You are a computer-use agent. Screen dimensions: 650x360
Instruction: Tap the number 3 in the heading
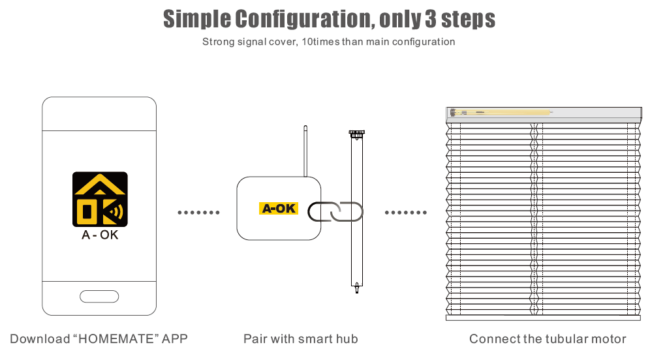pyautogui.click(x=431, y=19)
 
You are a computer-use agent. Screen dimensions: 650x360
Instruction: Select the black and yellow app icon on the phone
pyautogui.click(x=100, y=200)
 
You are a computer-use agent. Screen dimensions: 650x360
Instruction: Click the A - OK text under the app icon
pyautogui.click(x=100, y=235)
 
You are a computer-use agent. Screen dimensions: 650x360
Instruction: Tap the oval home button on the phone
pyautogui.click(x=99, y=297)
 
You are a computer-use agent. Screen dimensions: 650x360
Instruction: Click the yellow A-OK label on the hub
pyautogui.click(x=279, y=208)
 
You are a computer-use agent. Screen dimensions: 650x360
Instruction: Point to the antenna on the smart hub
pyautogui.click(x=305, y=151)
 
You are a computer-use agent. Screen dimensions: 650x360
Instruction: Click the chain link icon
pyautogui.click(x=335, y=212)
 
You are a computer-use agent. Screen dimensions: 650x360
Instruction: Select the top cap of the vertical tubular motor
pyautogui.click(x=356, y=134)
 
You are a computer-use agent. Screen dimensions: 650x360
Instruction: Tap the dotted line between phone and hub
pyautogui.click(x=198, y=213)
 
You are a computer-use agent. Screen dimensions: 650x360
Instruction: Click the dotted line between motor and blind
pyautogui.click(x=405, y=213)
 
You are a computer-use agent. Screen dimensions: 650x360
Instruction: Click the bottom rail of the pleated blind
pyautogui.click(x=542, y=318)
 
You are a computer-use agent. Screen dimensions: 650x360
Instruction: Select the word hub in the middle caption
pyautogui.click(x=347, y=339)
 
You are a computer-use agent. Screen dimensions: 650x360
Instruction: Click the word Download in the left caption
pyautogui.click(x=40, y=339)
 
